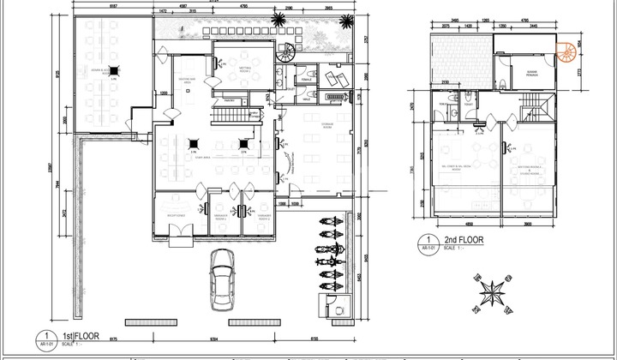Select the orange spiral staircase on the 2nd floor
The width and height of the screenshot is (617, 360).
(566, 53)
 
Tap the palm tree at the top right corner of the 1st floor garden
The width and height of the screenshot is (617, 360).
(278, 21)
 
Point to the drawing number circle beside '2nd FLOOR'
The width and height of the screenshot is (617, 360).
(423, 241)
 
